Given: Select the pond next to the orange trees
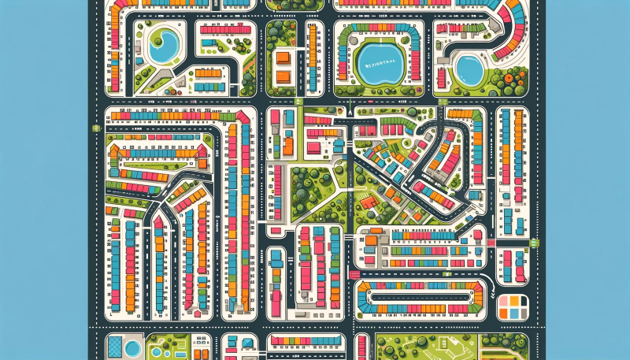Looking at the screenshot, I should [x=470, y=72].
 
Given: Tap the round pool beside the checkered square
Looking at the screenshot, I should [x=132, y=346].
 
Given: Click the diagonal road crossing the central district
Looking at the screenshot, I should [x=386, y=180].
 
